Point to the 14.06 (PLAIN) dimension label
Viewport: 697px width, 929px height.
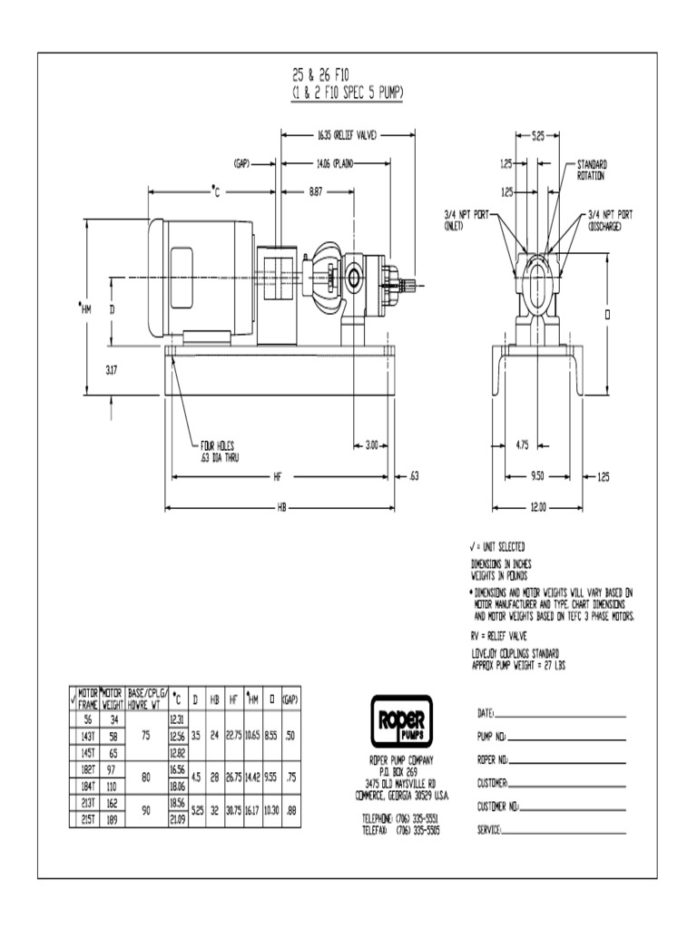pyautogui.click(x=335, y=164)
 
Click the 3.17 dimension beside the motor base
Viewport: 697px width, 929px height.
pyautogui.click(x=112, y=369)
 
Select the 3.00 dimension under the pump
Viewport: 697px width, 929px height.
pyautogui.click(x=372, y=445)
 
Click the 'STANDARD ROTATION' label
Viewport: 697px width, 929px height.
pyautogui.click(x=592, y=170)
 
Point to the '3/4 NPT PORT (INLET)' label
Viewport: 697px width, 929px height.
pyautogui.click(x=466, y=220)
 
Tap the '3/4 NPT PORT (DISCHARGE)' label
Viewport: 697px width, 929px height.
pyautogui.click(x=610, y=220)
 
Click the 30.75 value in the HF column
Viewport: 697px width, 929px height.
pyautogui.click(x=234, y=811)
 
